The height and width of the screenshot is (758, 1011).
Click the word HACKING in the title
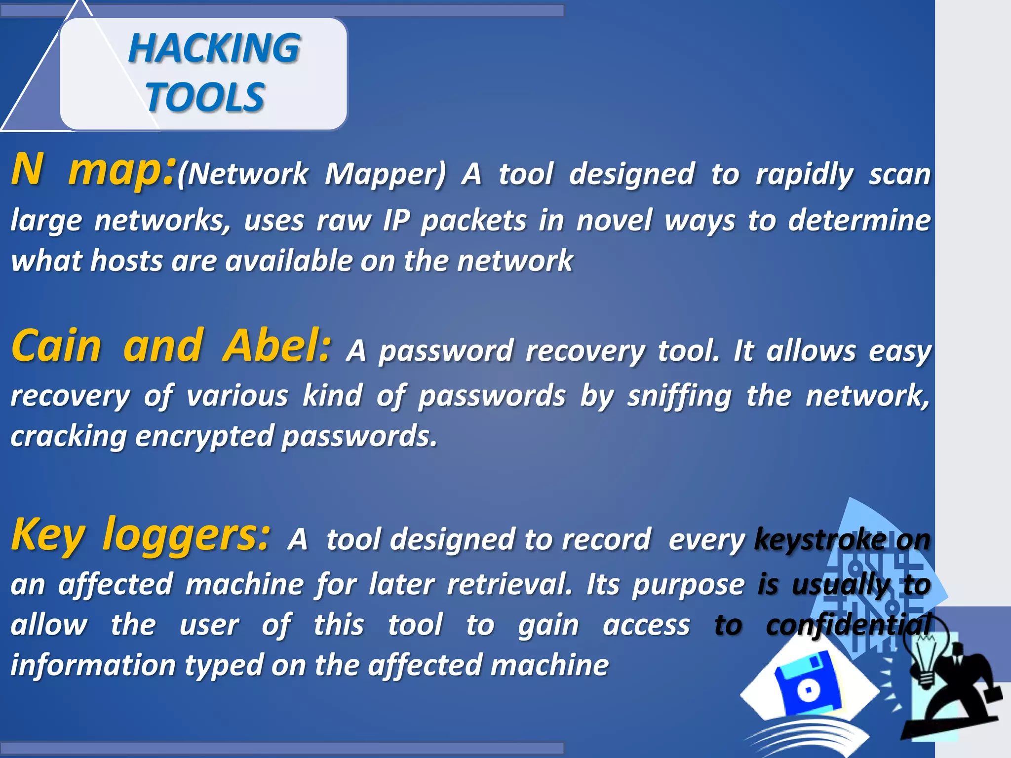[x=214, y=48]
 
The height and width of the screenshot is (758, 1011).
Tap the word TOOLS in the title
[x=205, y=97]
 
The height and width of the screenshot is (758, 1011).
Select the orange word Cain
[x=56, y=346]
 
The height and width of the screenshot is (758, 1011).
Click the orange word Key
[x=48, y=535]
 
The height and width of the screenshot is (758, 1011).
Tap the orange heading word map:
[x=121, y=170]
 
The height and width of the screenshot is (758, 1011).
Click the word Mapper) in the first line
[x=385, y=174]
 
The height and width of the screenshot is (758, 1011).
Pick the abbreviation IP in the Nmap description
[x=396, y=220]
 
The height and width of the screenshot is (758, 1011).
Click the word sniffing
[x=679, y=396]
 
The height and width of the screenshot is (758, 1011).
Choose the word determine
[x=859, y=220]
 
